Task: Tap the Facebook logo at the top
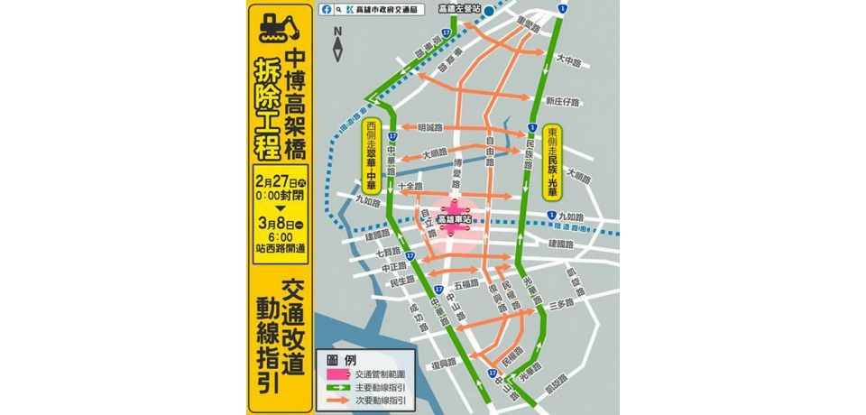326,10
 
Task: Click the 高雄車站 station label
456,219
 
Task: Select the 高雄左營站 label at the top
459,8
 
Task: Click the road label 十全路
410,186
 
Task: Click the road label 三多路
562,304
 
